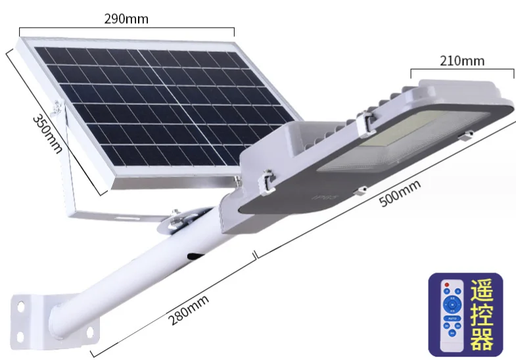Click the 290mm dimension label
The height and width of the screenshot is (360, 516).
[126, 19]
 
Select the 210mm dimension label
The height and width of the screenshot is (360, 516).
[461, 61]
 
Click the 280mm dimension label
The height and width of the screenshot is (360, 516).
[188, 311]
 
